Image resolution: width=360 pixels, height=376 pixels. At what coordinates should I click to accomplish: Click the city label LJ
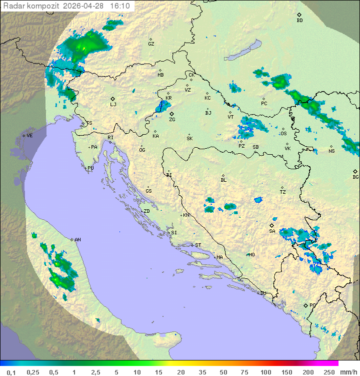(113, 105)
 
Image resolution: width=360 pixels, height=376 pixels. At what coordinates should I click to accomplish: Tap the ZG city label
(172, 120)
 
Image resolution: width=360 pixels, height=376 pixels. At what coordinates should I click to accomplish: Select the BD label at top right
(299, 21)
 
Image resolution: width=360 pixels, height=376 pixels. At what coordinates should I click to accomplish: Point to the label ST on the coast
(198, 245)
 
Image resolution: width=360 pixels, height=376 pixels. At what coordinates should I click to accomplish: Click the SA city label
(272, 231)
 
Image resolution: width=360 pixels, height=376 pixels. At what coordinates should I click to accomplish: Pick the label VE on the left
(29, 136)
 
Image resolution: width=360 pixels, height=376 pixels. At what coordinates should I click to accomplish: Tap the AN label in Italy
(77, 240)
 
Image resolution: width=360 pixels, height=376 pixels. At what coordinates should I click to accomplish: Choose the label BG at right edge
(355, 177)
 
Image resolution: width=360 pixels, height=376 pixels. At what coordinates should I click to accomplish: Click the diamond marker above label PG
(305, 305)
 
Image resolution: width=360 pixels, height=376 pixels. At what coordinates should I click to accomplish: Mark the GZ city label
(151, 44)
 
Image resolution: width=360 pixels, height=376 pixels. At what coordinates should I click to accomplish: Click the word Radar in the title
(13, 6)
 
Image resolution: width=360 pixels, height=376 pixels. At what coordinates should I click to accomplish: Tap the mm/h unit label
(348, 371)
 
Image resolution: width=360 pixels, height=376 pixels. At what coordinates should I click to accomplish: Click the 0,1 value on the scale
(11, 371)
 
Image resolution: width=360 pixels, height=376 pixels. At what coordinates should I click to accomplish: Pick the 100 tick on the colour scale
(265, 371)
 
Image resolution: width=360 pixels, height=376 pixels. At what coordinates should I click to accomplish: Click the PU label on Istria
(90, 168)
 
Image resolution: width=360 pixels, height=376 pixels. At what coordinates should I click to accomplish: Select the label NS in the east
(331, 151)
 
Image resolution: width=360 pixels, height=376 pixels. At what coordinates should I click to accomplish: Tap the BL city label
(223, 180)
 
